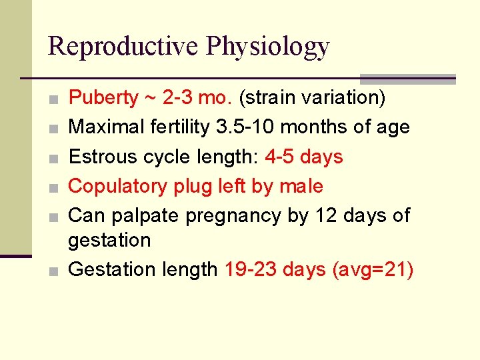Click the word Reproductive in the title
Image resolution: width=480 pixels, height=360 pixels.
[x=123, y=46]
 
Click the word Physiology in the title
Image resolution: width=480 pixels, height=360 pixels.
[x=268, y=46]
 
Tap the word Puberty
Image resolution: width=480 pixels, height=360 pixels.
[x=103, y=98]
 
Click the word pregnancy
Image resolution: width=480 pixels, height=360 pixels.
[x=235, y=216]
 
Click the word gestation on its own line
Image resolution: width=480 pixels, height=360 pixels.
[x=109, y=240]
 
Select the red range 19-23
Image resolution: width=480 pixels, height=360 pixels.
[x=251, y=269]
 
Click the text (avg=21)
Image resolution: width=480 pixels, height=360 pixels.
[x=373, y=269]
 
